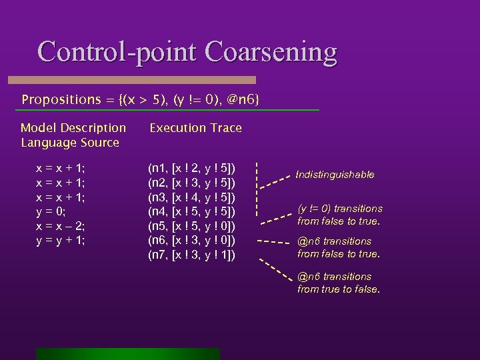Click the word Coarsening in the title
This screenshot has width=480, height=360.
(271, 51)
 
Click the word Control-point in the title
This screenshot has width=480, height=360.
(118, 51)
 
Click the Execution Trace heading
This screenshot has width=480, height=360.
(195, 127)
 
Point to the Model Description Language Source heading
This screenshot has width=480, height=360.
(73, 135)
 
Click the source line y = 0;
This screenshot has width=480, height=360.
(51, 212)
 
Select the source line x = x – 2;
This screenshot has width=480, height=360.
(60, 226)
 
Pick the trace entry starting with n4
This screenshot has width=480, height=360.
(191, 212)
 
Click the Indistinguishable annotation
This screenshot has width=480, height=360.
(335, 175)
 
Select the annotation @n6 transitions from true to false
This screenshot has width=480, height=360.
(339, 283)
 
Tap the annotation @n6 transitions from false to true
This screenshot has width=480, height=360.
(339, 247)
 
